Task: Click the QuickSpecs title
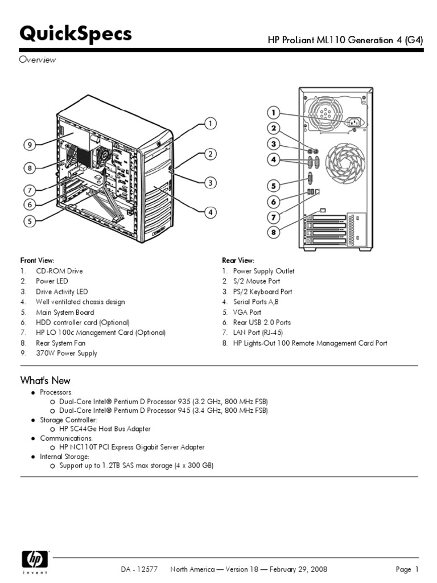point(76,35)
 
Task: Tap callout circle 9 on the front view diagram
point(31,145)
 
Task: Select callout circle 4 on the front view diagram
point(210,212)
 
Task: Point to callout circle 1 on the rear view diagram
point(274,112)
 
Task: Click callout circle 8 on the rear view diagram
point(274,232)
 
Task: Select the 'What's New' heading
point(45,380)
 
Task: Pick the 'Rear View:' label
point(238,260)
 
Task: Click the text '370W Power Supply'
point(67,354)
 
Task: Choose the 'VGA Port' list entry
point(247,313)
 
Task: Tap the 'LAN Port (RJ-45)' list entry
point(258,332)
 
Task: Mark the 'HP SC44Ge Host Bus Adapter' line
point(105,429)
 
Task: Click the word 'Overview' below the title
point(38,60)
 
